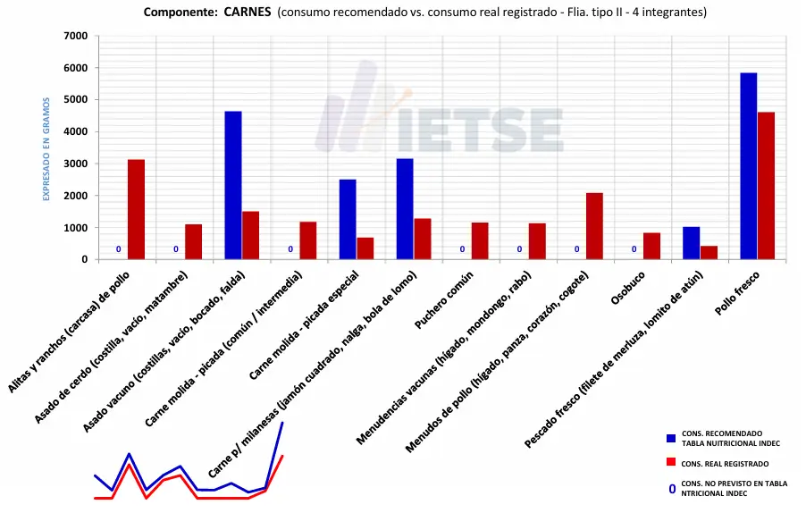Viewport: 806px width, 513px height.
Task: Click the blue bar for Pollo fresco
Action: (748, 166)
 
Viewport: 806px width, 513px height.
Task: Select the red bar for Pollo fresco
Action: (766, 186)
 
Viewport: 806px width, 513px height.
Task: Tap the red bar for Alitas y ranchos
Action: (136, 209)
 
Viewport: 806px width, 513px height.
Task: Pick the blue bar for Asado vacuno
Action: (233, 185)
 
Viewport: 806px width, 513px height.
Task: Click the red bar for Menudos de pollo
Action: (594, 226)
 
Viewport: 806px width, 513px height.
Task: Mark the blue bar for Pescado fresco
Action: (691, 243)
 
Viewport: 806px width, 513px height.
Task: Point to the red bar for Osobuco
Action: (651, 246)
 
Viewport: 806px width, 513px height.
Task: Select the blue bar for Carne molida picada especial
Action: (348, 219)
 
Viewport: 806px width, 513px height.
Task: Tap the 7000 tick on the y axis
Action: (77, 36)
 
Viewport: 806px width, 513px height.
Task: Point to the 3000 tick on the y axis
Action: (77, 164)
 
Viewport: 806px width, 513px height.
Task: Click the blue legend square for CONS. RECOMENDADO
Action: (671, 438)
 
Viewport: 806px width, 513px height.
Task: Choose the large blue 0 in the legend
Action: (672, 489)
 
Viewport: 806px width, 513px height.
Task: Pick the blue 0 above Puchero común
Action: (462, 249)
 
